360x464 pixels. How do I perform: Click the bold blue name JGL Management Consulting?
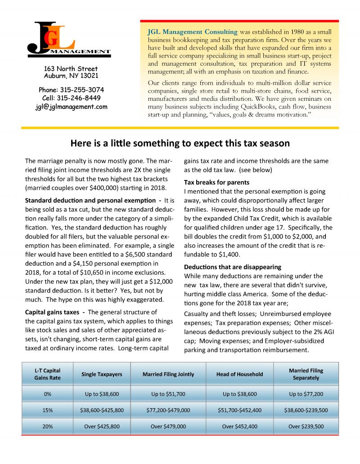pyautogui.click(x=192, y=32)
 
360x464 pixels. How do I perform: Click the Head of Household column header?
pyautogui.click(x=239, y=374)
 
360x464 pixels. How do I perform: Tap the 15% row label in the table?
pyautogui.click(x=47, y=410)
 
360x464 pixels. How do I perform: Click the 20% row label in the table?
pyautogui.click(x=47, y=426)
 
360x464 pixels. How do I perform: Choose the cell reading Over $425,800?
pyautogui.click(x=102, y=426)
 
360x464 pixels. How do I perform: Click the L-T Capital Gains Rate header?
pyautogui.click(x=47, y=374)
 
